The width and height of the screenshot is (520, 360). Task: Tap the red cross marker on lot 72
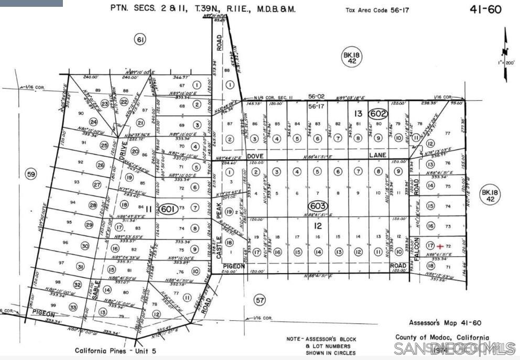[x=440, y=246]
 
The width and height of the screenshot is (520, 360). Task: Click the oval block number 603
[x=318, y=206]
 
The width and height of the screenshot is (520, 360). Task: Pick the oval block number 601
[x=167, y=209]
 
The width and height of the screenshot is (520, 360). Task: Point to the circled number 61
[x=139, y=39]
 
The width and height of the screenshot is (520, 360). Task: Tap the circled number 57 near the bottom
[x=259, y=300]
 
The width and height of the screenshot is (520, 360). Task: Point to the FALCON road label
[x=418, y=250]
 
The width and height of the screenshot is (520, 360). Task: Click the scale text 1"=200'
[x=507, y=63]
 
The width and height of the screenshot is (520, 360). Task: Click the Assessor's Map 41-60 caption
[x=445, y=323]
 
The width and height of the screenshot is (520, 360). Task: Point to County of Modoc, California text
[x=442, y=338]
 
